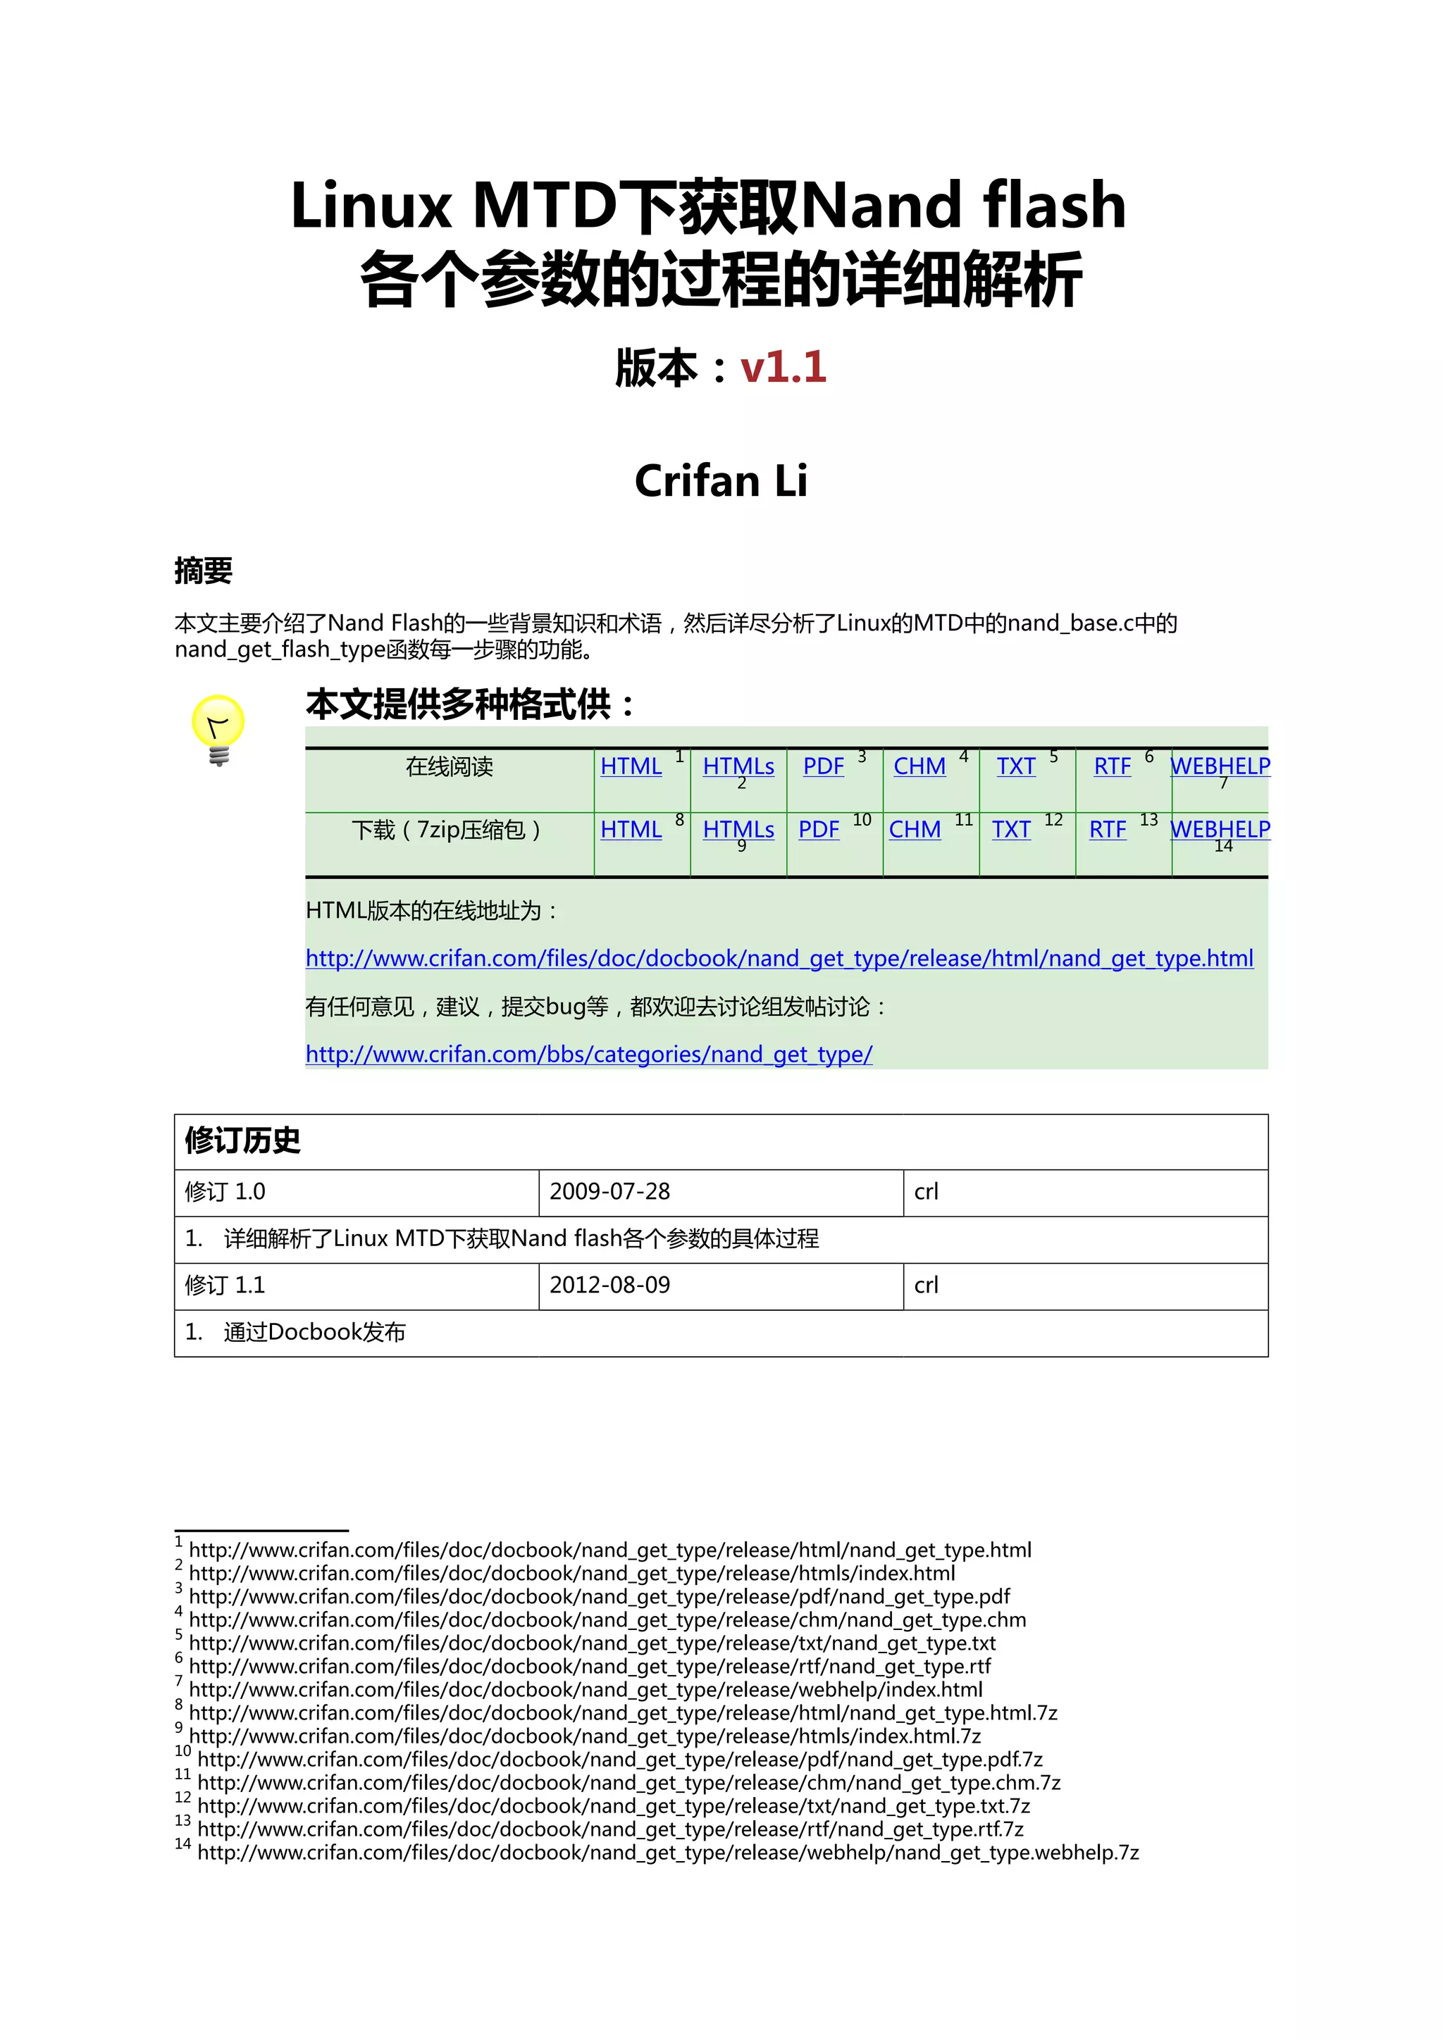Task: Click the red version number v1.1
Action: (783, 367)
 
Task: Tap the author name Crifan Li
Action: (721, 480)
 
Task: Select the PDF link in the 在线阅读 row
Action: (823, 766)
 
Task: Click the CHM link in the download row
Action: (915, 829)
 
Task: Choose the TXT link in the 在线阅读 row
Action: (1015, 766)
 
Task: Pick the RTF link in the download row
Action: (1107, 829)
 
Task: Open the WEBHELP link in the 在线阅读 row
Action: (1220, 766)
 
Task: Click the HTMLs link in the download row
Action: (738, 829)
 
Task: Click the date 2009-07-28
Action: (609, 1191)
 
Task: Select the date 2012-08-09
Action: (609, 1285)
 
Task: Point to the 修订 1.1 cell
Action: (225, 1285)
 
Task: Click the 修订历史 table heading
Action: (242, 1140)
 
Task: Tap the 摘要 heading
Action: (204, 571)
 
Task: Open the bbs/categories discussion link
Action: (588, 1055)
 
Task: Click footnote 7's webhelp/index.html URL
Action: (586, 1689)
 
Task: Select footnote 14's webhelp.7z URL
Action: (667, 1853)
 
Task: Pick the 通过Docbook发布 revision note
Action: (314, 1332)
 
